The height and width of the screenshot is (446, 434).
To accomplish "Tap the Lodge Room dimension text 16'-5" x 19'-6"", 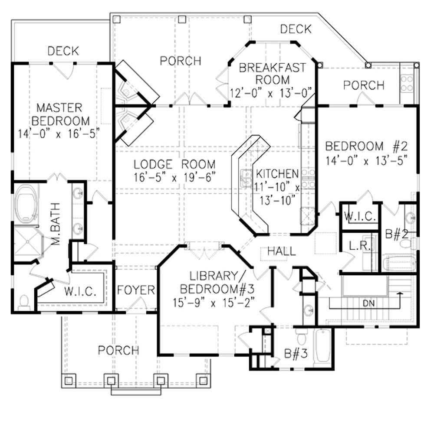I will pos(174,178).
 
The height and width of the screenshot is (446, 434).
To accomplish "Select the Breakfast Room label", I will pos(272,74).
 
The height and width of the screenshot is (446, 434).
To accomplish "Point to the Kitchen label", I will pos(277,174).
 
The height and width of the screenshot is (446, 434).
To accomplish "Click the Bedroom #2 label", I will pos(367,146).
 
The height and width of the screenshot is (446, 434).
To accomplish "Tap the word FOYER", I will pos(136,290).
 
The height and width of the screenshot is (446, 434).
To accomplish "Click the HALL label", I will pos(282,251).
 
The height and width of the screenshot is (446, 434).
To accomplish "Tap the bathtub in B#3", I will pos(322,346).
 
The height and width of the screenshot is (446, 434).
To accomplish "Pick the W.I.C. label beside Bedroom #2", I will pos(360,216).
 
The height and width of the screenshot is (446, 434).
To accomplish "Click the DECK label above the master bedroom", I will pos(63,51).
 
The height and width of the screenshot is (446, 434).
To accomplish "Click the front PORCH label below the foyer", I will pos(118,350).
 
